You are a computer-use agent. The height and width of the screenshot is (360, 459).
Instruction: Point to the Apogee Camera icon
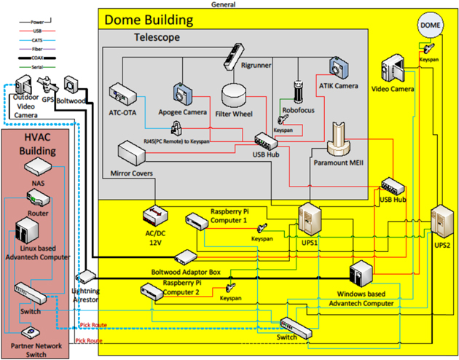tap(183, 93)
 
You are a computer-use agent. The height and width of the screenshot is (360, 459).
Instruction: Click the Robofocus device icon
tap(297, 91)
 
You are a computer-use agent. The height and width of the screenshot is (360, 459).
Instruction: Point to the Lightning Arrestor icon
tap(85, 277)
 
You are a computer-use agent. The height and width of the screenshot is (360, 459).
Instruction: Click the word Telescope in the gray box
tap(157, 36)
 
